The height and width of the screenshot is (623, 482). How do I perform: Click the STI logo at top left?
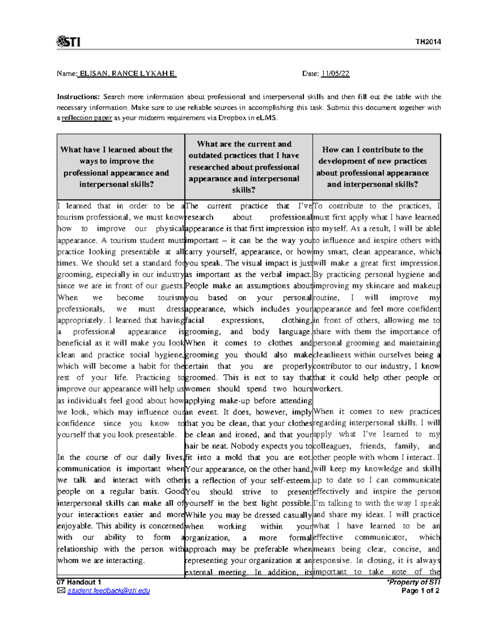(68, 42)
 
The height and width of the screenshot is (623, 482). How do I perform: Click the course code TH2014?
(428, 42)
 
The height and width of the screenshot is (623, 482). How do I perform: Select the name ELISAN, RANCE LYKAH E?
(128, 73)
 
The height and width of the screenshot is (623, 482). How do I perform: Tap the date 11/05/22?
(335, 73)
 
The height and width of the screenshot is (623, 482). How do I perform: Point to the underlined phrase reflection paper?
(87, 118)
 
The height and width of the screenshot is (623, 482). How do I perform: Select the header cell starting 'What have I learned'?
(116, 167)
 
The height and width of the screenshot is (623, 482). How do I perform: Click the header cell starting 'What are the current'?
(244, 167)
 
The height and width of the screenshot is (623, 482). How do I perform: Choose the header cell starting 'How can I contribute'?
(372, 167)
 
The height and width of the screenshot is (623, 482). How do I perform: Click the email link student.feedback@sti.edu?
(108, 591)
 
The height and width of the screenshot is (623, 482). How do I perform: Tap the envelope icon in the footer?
(61, 591)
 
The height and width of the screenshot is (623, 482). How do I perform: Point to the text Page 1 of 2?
(420, 591)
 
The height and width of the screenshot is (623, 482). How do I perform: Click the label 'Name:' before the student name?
(67, 73)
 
